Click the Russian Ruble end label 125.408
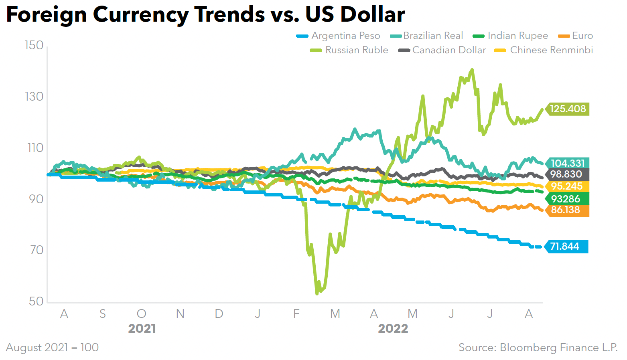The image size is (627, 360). tap(568, 109)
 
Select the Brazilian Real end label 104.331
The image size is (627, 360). tap(568, 163)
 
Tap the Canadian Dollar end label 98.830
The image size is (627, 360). tap(566, 174)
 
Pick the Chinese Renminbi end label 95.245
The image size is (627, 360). tap(566, 186)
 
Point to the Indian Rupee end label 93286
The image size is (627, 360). tap(566, 199)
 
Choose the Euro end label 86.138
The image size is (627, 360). tap(566, 210)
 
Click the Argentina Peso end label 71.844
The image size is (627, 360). tap(564, 246)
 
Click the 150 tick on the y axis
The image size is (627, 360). tap(34, 45)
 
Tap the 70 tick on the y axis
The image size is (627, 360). tap(36, 250)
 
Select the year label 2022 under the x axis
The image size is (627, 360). tap(393, 329)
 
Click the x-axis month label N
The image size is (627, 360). tap(180, 313)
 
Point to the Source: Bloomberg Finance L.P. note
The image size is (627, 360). tap(538, 347)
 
